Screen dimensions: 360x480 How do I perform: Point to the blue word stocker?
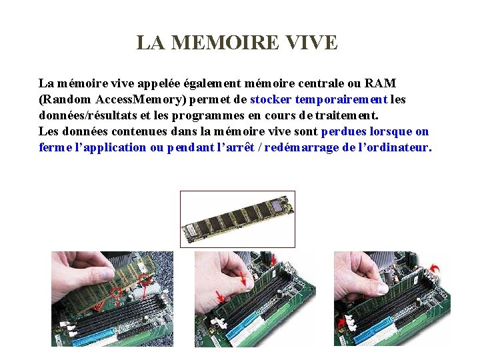[x=271, y=99]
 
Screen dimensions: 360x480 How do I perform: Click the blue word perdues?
[x=343, y=131]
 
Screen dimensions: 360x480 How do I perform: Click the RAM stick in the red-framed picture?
[x=237, y=219]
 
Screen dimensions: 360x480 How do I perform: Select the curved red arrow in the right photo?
[x=437, y=267]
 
